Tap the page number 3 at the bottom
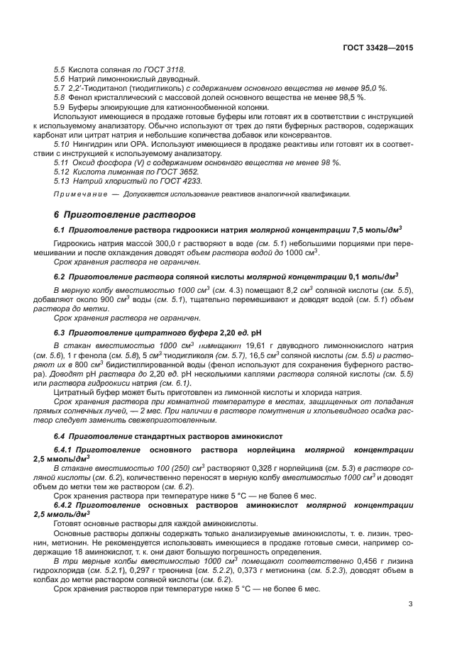pos(411,604)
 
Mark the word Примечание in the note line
pos(77,194)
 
